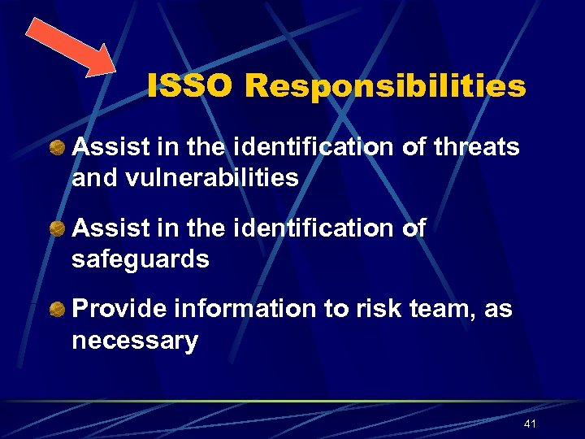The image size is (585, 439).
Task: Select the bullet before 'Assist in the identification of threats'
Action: [58, 147]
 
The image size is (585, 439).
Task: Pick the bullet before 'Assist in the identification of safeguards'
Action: [58, 229]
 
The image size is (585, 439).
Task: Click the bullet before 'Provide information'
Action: [58, 310]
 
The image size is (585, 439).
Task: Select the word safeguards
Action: [141, 259]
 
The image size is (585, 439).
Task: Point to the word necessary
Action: [135, 341]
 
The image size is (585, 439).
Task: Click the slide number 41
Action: [531, 424]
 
